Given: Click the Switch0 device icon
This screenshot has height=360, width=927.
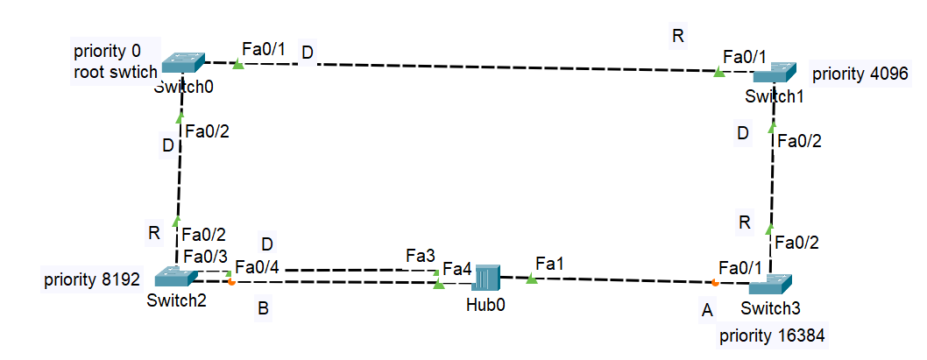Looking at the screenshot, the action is tap(183, 62).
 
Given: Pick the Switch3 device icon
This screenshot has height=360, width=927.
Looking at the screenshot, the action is tap(770, 285).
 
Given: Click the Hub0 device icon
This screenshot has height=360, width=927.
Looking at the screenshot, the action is tap(485, 278).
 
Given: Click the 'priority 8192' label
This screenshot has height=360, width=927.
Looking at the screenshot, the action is tap(91, 281).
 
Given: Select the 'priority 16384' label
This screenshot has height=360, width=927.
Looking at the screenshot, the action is tap(771, 335).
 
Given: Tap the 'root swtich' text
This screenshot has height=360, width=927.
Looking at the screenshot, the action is tap(115, 73).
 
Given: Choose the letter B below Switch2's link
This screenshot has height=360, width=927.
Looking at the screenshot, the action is tap(262, 308).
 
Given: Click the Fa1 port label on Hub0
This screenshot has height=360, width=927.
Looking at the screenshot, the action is tap(548, 263).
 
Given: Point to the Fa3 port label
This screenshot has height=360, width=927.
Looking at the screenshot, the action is tap(420, 256).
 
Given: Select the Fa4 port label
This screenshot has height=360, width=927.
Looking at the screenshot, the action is tap(457, 267).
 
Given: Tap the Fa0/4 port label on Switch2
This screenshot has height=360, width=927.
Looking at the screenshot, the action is tap(258, 267).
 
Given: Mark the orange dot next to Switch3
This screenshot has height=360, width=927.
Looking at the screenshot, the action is tap(715, 283).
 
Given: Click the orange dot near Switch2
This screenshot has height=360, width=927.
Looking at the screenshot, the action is tap(230, 282).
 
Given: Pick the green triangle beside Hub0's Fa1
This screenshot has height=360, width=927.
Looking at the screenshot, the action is tap(531, 279).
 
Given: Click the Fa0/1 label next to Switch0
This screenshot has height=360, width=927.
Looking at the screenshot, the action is tap(263, 50).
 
